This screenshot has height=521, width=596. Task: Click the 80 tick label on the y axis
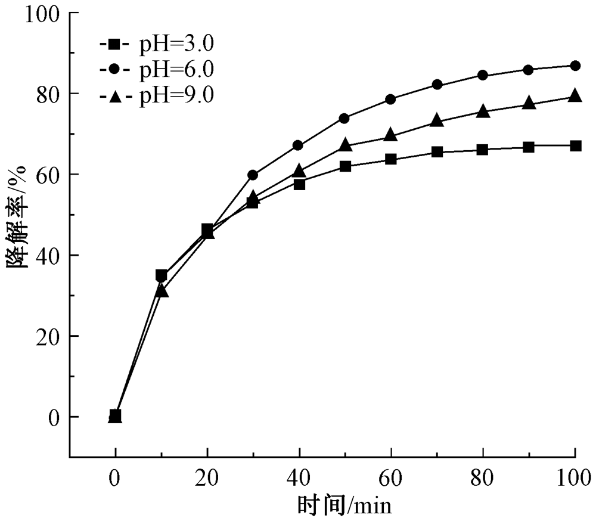(49, 94)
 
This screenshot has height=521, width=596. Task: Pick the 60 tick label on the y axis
(49, 174)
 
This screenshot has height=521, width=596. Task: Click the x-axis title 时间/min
(344, 507)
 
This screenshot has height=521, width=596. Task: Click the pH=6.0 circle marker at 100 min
(575, 66)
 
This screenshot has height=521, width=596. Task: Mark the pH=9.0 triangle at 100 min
(575, 96)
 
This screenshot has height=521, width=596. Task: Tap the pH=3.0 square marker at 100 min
(575, 145)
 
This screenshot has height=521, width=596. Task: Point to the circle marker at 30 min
(253, 175)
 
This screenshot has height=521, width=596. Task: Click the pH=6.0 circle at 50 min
(344, 118)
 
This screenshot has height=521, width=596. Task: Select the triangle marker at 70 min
(437, 120)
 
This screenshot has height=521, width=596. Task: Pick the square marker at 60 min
(391, 159)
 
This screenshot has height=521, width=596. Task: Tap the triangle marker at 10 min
(161, 290)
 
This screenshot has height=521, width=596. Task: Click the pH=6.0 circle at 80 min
(483, 75)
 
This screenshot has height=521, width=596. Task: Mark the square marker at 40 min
(299, 184)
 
